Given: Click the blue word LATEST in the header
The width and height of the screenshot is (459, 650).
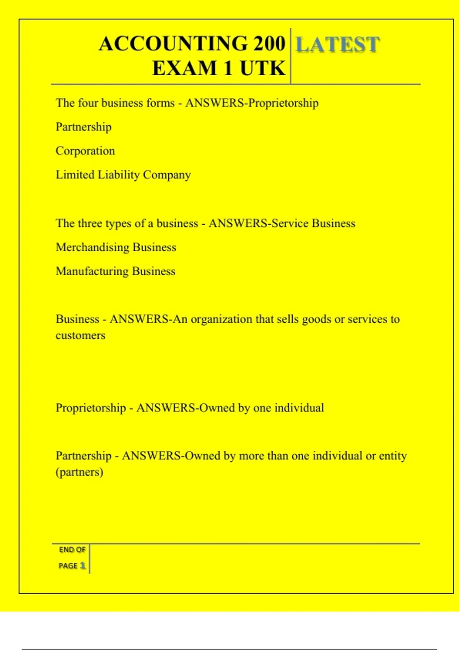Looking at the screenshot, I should [x=338, y=44].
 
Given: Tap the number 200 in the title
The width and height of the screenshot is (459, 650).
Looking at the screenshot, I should [x=269, y=43].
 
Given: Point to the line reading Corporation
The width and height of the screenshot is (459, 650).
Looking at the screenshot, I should [x=85, y=151].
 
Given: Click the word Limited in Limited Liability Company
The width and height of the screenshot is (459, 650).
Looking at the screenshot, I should [x=75, y=175].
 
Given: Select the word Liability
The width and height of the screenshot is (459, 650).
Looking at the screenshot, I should [x=119, y=175].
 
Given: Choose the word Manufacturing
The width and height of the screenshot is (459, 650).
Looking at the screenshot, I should [x=92, y=271].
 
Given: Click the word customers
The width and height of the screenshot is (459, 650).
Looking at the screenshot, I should [x=80, y=335].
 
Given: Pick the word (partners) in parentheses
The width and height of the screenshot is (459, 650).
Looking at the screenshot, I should [x=80, y=472].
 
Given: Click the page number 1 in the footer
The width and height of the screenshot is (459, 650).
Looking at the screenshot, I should [x=83, y=565].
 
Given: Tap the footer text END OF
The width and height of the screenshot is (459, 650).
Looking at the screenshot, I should [x=72, y=550].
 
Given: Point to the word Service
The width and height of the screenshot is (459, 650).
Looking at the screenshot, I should [x=290, y=223].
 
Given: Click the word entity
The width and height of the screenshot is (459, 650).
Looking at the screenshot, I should [x=392, y=456].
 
